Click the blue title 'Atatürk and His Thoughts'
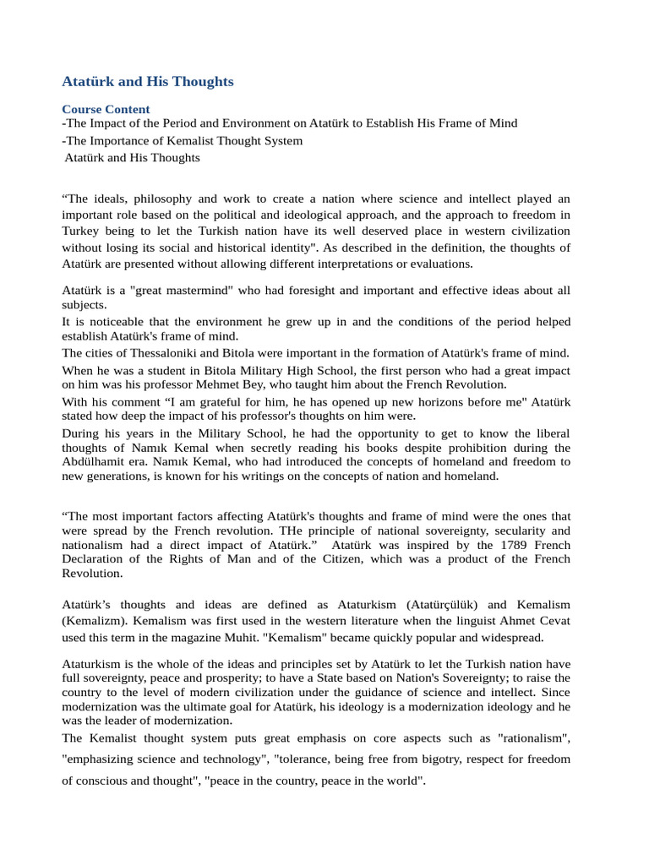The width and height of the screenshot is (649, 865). (148, 82)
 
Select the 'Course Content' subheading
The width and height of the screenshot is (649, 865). (106, 109)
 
